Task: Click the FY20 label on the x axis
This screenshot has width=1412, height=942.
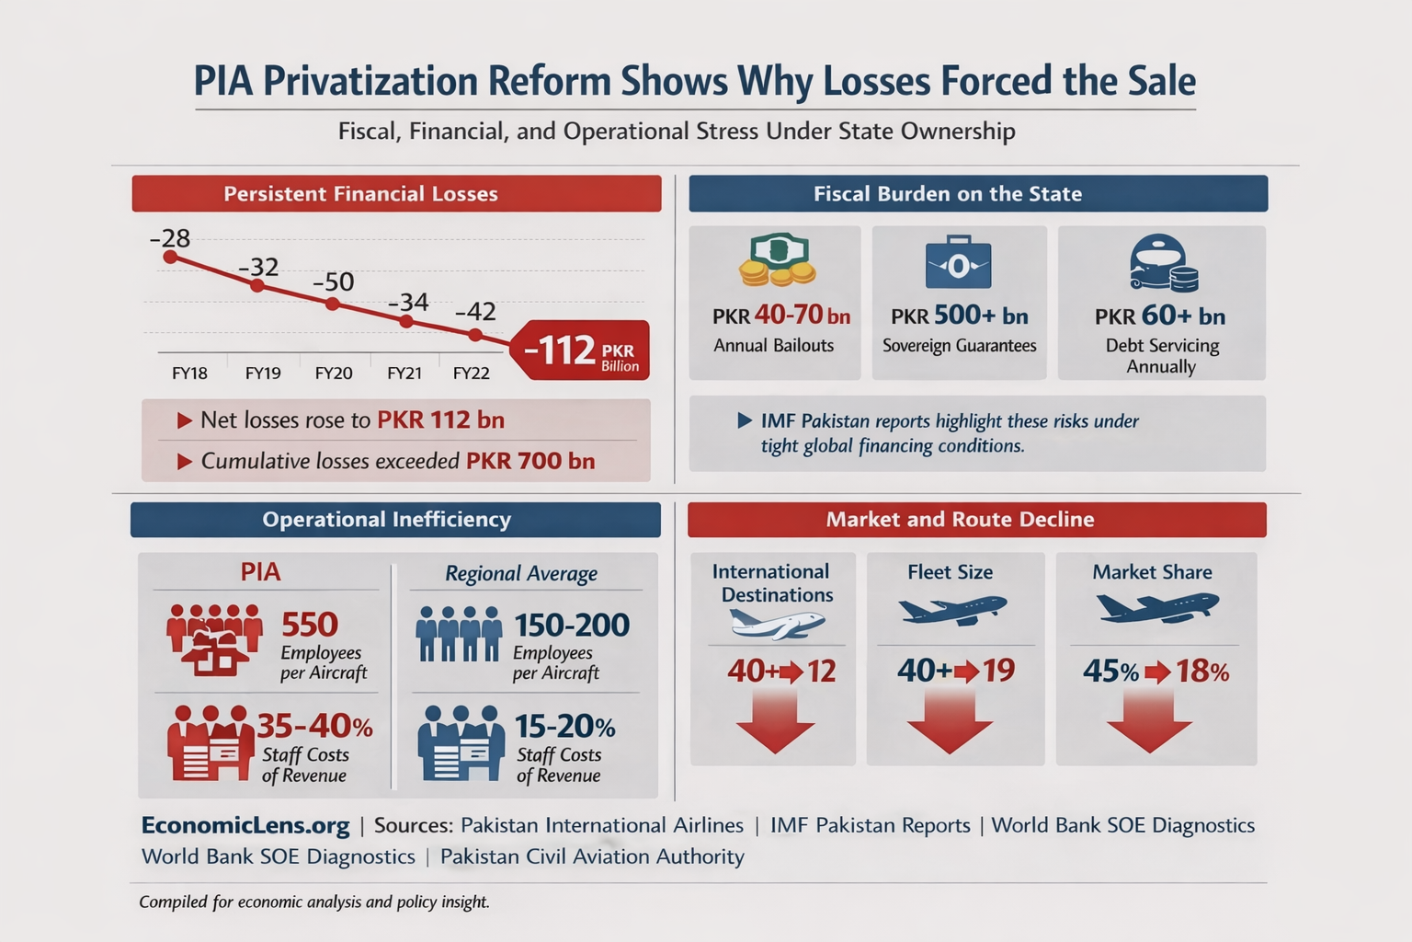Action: point(334,373)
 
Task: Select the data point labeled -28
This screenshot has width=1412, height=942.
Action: point(170,257)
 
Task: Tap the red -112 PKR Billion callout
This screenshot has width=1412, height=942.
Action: point(581,350)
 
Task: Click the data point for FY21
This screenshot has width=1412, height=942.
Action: point(406,321)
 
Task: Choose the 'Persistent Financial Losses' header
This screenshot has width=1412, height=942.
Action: point(396,194)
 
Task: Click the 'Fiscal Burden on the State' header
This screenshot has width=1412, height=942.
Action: point(977,194)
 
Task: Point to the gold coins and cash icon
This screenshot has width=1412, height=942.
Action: point(777,259)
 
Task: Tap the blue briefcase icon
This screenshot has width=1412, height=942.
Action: point(958,264)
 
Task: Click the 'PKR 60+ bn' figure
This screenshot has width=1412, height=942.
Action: point(1159,316)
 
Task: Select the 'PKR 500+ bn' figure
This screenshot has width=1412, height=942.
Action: point(959,316)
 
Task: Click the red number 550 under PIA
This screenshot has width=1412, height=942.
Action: point(310,626)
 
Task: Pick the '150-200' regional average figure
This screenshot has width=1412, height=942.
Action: point(571,626)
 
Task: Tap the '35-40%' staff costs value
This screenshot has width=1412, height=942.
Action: point(314,727)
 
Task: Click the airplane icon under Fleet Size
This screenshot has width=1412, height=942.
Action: point(951,609)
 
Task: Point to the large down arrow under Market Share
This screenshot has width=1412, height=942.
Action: point(1149,724)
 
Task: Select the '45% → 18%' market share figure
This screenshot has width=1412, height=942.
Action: point(1156,672)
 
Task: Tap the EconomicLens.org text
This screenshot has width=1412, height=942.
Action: point(245,825)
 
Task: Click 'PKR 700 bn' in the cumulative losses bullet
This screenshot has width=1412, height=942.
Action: point(530,461)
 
